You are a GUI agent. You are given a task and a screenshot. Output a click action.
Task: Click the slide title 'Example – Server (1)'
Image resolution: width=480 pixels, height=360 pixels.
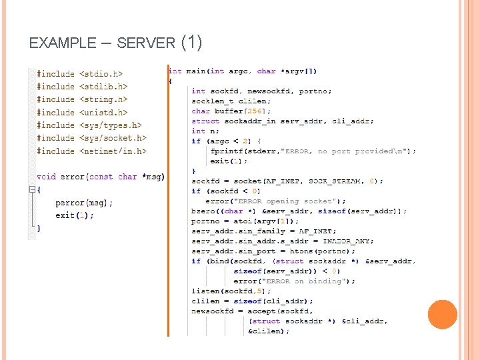[x=115, y=43]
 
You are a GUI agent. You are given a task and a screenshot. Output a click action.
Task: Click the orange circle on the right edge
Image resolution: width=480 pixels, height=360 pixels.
[x=442, y=314]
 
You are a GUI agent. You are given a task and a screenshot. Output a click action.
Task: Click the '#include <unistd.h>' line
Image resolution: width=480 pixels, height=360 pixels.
[x=82, y=113]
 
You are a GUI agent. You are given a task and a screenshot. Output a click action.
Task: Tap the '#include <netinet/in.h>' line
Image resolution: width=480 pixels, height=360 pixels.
[x=91, y=151]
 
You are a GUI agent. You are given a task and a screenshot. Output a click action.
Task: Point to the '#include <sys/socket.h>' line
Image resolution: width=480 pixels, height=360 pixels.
[x=91, y=138]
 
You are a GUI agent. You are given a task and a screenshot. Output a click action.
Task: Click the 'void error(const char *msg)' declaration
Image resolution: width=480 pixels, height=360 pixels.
[x=101, y=177]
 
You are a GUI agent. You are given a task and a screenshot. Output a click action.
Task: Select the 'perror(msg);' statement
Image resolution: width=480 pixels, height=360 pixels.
[x=84, y=203]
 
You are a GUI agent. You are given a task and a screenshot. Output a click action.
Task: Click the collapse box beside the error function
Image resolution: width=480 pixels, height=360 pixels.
[x=31, y=189]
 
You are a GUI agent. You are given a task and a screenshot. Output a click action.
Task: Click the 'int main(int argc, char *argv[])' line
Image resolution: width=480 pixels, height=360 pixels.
[x=243, y=71]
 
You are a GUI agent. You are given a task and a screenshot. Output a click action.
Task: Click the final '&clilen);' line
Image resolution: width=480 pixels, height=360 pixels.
[x=269, y=331]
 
